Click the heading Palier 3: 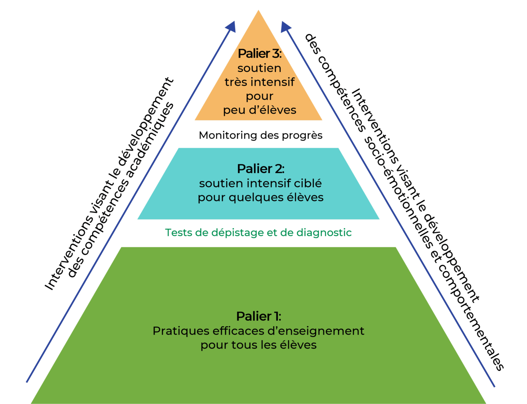click(x=260, y=53)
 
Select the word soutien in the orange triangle click(x=260, y=68)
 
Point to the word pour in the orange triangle click(x=260, y=97)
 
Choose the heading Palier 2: click(x=260, y=169)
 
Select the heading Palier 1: click(x=259, y=316)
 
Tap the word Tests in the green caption click(x=178, y=232)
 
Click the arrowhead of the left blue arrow click(x=231, y=26)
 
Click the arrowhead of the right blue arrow click(x=285, y=26)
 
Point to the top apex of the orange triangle click(x=259, y=10)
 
